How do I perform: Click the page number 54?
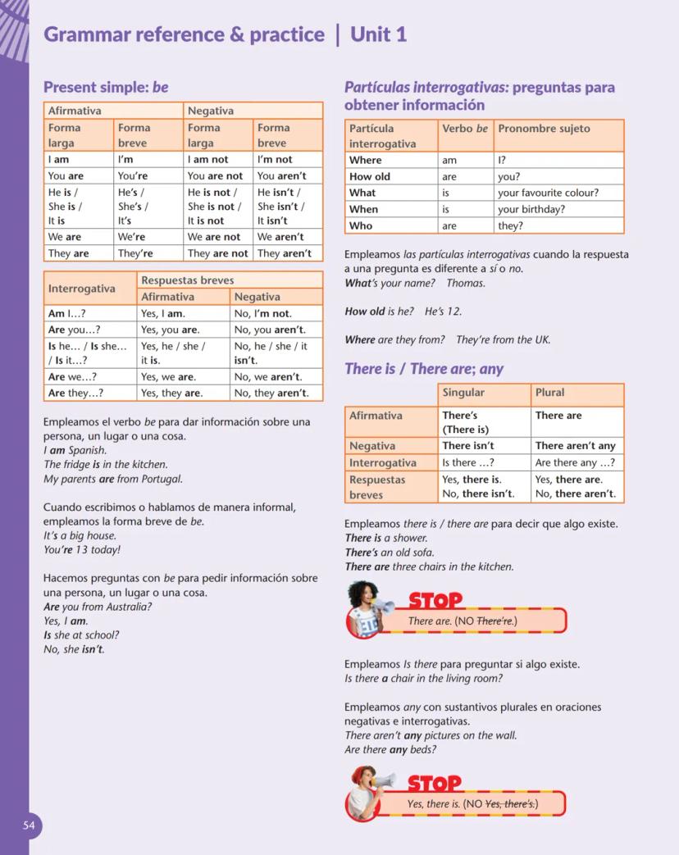[x=29, y=825]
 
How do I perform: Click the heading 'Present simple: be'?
[x=106, y=87]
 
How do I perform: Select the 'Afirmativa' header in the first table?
[x=75, y=111]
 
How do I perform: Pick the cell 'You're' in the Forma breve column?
[x=132, y=176]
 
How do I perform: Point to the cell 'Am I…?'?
[x=67, y=313]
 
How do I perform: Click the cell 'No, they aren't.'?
[x=271, y=393]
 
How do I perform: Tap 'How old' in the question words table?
[x=370, y=176]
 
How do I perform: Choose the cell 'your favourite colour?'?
[x=548, y=193]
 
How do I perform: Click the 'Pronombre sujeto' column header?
[x=544, y=129]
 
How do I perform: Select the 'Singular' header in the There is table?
[x=463, y=393]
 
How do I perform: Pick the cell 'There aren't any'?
[x=575, y=446]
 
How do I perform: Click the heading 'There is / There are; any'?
[x=424, y=369]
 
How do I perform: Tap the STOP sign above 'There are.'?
[x=435, y=601]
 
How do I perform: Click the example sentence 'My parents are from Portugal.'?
[x=113, y=480]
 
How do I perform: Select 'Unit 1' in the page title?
[x=378, y=34]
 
